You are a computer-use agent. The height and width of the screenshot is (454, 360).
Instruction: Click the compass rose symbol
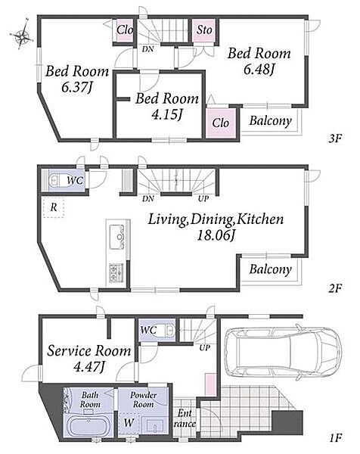[22, 35]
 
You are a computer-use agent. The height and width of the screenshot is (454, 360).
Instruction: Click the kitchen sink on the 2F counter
[117, 236]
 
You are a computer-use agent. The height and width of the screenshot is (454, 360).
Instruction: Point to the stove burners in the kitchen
[116, 272]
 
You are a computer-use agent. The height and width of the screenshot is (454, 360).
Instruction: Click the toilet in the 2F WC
[56, 181]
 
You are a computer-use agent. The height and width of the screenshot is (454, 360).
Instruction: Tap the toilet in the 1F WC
[169, 330]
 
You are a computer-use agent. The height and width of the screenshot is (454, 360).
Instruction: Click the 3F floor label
[335, 138]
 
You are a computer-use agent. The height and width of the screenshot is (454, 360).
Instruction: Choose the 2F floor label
[335, 288]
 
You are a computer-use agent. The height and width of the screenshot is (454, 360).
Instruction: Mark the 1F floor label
[335, 437]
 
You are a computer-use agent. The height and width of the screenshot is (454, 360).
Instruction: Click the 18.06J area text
[216, 235]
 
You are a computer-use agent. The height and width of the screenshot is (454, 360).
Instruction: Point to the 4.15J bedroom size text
[167, 115]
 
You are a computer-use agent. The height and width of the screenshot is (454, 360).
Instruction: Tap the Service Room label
[89, 350]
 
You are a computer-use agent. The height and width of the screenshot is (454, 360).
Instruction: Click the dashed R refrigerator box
[53, 207]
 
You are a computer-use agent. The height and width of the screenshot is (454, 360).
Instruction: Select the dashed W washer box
[129, 423]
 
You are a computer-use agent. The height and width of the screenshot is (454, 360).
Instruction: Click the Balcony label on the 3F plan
[270, 120]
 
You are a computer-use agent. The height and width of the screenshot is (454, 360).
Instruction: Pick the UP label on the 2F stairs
[203, 198]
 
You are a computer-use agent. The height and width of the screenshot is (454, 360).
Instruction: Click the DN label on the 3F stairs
[148, 49]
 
